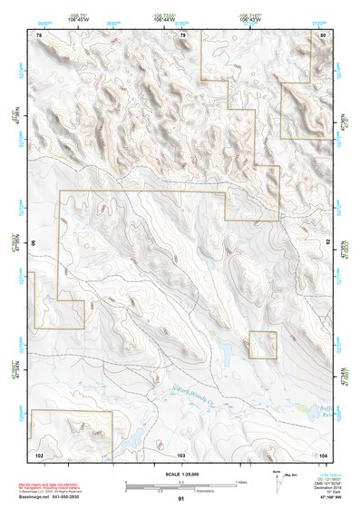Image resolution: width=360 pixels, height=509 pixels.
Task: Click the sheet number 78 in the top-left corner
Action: point(39,34)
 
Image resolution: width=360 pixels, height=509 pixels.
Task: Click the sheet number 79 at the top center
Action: point(182,34)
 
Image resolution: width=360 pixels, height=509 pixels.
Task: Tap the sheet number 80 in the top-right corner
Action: point(323,34)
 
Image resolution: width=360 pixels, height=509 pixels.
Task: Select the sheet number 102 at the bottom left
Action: point(39,454)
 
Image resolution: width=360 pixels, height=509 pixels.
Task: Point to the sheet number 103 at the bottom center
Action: point(180,454)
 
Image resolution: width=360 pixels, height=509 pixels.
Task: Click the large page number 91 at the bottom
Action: point(181,499)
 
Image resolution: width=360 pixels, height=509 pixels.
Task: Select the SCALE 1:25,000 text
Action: point(181,474)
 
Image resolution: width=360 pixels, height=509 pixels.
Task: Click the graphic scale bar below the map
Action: point(180,485)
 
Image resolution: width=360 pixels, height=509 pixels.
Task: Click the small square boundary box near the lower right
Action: point(262,345)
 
